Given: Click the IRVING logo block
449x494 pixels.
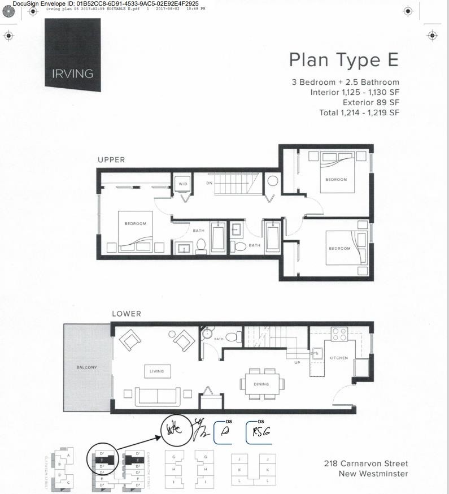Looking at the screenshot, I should tap(73, 54).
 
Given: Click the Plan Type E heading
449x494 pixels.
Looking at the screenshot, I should tap(343, 60).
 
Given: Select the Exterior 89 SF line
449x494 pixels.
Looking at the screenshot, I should tap(370, 102).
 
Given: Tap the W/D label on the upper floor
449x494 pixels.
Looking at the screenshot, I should tap(183, 184).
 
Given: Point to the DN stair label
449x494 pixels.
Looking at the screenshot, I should tap(209, 183).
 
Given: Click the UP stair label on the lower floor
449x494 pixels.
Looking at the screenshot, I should tap(297, 363).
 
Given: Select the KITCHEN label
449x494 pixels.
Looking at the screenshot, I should tap(339, 358).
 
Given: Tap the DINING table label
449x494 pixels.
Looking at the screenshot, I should tap(261, 384).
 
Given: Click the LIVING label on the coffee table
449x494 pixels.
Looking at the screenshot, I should tap(156, 371).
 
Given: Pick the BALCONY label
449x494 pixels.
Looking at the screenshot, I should tap(87, 367).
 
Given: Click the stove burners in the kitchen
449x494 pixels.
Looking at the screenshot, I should tap(339, 334).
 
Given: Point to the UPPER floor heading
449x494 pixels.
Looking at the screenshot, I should tap(111, 160).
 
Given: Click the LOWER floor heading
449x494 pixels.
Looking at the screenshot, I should tap(126, 314).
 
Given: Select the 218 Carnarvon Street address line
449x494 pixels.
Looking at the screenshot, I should tap(366, 463).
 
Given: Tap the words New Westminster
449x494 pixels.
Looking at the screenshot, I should tap(373, 474).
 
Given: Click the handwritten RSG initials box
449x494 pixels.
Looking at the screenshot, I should tap(261, 433).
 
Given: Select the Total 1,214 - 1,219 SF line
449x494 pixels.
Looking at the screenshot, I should tap(359, 112).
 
